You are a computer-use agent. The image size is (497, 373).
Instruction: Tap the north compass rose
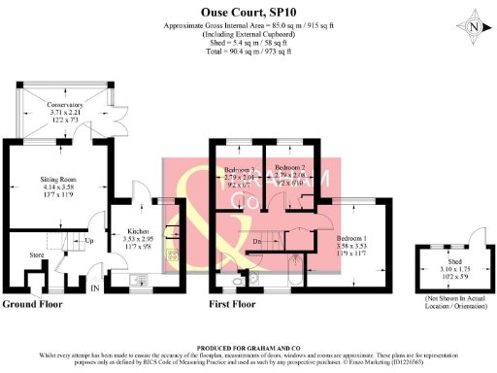click(x=472, y=27)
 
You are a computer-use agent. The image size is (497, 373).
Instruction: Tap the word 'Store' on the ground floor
click(x=37, y=256)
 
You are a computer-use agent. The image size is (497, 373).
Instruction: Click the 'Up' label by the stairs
click(x=89, y=241)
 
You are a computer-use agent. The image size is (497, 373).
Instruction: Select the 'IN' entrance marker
click(x=94, y=288)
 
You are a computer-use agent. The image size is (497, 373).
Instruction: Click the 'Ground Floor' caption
click(x=33, y=304)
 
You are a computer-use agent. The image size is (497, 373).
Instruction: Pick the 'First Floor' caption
click(x=234, y=304)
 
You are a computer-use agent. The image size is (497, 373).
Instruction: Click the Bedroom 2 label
click(x=290, y=174)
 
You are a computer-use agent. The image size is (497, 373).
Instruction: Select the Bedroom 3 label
click(x=239, y=174)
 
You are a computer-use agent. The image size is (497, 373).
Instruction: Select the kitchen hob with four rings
click(x=172, y=256)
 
